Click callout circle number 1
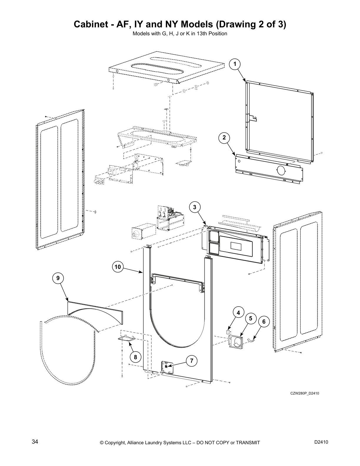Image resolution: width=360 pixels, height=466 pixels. (x=235, y=64)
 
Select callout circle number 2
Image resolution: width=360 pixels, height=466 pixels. (x=224, y=137)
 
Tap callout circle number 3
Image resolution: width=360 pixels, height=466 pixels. (x=194, y=207)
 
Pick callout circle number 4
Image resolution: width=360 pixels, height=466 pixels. (x=239, y=313)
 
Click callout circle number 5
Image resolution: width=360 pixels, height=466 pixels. (x=251, y=318)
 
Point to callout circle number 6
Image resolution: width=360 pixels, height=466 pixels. (x=264, y=322)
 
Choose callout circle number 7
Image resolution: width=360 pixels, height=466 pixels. (x=191, y=361)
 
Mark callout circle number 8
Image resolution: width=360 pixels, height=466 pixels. (x=135, y=357)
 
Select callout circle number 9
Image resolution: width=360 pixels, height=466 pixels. (x=58, y=278)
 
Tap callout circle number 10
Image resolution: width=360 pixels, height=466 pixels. (x=118, y=267)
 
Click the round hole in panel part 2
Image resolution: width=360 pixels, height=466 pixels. (x=281, y=170)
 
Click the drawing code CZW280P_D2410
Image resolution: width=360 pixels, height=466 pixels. (x=305, y=393)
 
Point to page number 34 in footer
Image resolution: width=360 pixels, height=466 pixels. (x=35, y=442)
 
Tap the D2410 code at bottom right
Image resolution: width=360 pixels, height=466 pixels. (x=321, y=442)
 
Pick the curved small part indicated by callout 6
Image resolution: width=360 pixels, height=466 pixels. (x=251, y=340)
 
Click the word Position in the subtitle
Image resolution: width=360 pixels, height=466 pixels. (x=217, y=34)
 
